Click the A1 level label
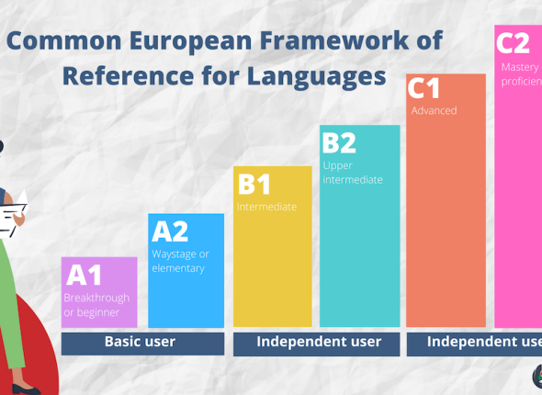click(x=83, y=275)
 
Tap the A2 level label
click(x=170, y=231)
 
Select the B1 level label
click(x=254, y=184)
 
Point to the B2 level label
click(x=338, y=142)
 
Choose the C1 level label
click(x=424, y=89)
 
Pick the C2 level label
click(x=514, y=42)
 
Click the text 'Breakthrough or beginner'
click(x=96, y=305)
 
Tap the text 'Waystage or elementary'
click(x=180, y=261)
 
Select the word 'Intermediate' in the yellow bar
click(x=267, y=207)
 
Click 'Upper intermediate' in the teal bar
click(x=353, y=172)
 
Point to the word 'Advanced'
click(x=434, y=111)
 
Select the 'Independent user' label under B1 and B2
click(x=319, y=342)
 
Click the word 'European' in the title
click(x=186, y=41)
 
